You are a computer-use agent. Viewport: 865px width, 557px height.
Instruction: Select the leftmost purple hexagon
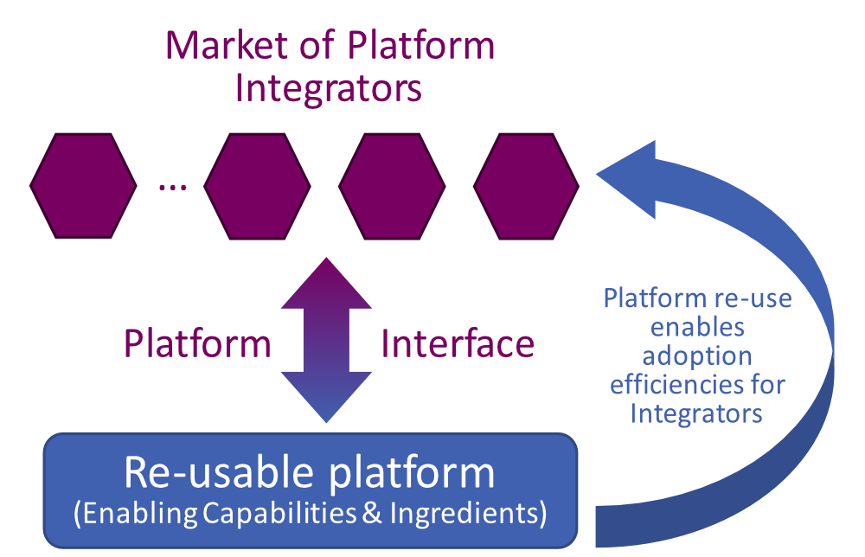83,186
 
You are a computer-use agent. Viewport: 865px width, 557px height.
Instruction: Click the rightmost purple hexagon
526,186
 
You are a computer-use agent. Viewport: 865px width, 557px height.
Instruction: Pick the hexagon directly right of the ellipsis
257,186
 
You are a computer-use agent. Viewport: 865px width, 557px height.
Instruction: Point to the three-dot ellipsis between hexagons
172,188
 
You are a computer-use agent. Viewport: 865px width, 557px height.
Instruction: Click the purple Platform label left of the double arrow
197,344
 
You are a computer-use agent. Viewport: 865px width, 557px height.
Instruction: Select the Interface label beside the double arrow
458,344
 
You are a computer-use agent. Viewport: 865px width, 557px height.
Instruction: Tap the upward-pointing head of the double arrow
326,281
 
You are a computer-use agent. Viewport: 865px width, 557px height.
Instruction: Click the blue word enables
696,328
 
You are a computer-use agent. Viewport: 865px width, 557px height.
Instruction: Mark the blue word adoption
696,355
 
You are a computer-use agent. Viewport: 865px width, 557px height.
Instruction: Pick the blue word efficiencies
696,384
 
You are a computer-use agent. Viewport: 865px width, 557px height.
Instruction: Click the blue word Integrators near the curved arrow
696,413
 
